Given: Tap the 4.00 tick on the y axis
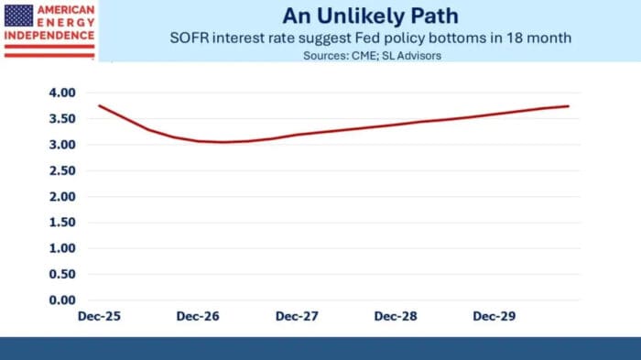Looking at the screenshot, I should [x=62, y=93].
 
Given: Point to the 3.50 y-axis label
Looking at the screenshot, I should [x=62, y=119].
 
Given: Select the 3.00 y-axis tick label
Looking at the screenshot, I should [x=62, y=145].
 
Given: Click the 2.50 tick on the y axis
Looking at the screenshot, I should [x=62, y=170].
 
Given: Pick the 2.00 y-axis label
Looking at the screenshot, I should [x=62, y=196].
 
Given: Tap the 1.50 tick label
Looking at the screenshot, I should [x=62, y=223].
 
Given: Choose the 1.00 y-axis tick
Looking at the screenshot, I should [x=62, y=248].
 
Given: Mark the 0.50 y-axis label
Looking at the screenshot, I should [x=62, y=274].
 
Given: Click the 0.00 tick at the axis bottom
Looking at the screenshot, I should [x=62, y=300].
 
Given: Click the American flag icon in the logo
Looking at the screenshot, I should [x=19, y=14].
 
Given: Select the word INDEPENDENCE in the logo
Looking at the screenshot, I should [x=49, y=38].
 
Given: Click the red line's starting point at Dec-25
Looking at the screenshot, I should [x=99, y=105].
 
